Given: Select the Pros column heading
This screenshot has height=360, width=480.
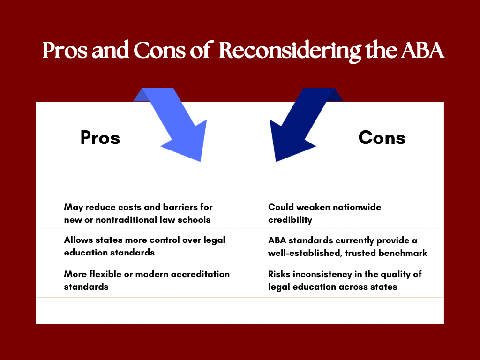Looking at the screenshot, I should click(100, 138).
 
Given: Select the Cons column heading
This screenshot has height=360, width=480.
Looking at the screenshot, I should click(382, 138).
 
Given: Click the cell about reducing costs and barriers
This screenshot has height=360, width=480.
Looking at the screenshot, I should click(138, 213).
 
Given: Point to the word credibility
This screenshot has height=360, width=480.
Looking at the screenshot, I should click(290, 219).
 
